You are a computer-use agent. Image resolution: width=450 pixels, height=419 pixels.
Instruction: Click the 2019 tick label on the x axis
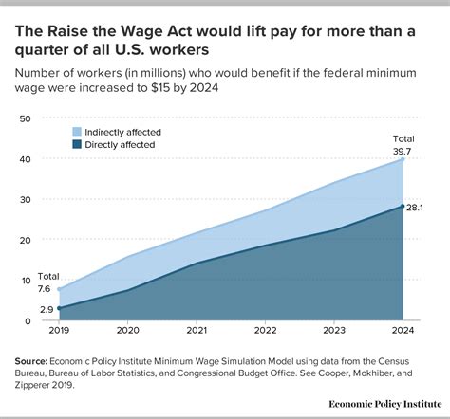(x=59, y=332)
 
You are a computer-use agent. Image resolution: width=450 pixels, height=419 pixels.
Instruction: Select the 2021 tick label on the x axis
(x=196, y=332)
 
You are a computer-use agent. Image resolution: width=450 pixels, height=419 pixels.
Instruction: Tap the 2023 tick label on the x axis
(x=333, y=332)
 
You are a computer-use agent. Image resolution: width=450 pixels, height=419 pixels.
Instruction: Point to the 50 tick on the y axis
(x=26, y=118)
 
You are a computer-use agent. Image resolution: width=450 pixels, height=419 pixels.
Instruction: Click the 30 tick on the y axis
(x=26, y=200)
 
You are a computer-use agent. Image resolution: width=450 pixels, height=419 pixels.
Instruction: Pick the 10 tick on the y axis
(x=26, y=281)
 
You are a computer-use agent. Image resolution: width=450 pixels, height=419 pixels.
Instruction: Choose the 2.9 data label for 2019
(x=46, y=310)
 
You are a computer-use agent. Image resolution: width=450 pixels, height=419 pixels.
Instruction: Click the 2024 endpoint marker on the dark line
(x=403, y=207)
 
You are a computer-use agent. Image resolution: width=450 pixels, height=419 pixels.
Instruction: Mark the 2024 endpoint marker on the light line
(x=403, y=159)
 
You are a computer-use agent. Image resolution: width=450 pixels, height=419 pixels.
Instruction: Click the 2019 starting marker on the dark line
(x=59, y=308)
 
